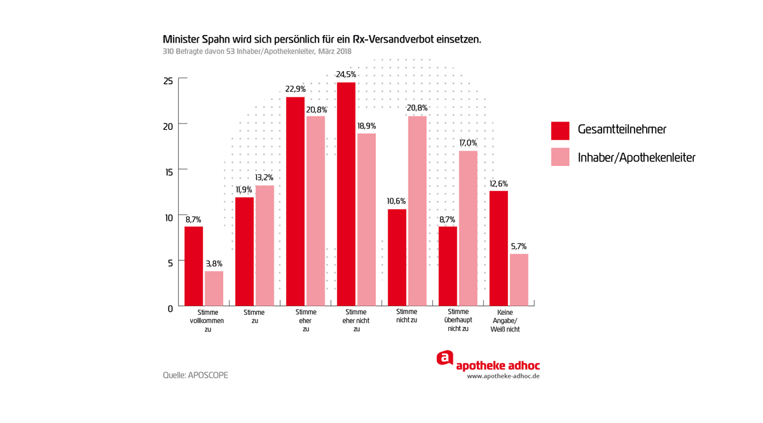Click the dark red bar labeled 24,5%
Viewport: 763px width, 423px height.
pyautogui.click(x=346, y=194)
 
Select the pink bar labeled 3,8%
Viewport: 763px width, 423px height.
pyautogui.click(x=214, y=288)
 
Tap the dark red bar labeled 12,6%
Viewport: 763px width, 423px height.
pyautogui.click(x=498, y=248)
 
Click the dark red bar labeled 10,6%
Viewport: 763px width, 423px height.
pyautogui.click(x=397, y=257)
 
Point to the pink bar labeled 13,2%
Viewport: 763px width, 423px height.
pyautogui.click(x=265, y=245)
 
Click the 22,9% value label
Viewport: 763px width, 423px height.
pyautogui.click(x=296, y=89)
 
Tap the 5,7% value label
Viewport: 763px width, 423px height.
pyautogui.click(x=519, y=246)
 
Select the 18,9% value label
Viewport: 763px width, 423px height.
pyautogui.click(x=366, y=126)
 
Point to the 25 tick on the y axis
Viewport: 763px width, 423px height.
pyautogui.click(x=168, y=81)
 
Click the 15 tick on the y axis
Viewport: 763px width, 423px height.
pyautogui.click(x=168, y=172)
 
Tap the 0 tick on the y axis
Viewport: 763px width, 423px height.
pyautogui.click(x=170, y=309)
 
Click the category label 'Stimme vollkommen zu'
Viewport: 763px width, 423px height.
pyautogui.click(x=208, y=321)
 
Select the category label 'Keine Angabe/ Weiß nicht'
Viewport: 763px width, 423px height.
pyautogui.click(x=505, y=321)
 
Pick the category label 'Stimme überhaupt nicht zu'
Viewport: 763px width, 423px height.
pyautogui.click(x=458, y=320)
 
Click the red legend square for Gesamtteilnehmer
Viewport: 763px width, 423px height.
pyautogui.click(x=560, y=130)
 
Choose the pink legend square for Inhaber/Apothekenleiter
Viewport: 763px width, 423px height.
pyautogui.click(x=560, y=157)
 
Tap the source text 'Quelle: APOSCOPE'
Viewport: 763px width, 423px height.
pyautogui.click(x=195, y=375)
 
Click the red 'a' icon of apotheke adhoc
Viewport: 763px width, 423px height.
pyautogui.click(x=445, y=358)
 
